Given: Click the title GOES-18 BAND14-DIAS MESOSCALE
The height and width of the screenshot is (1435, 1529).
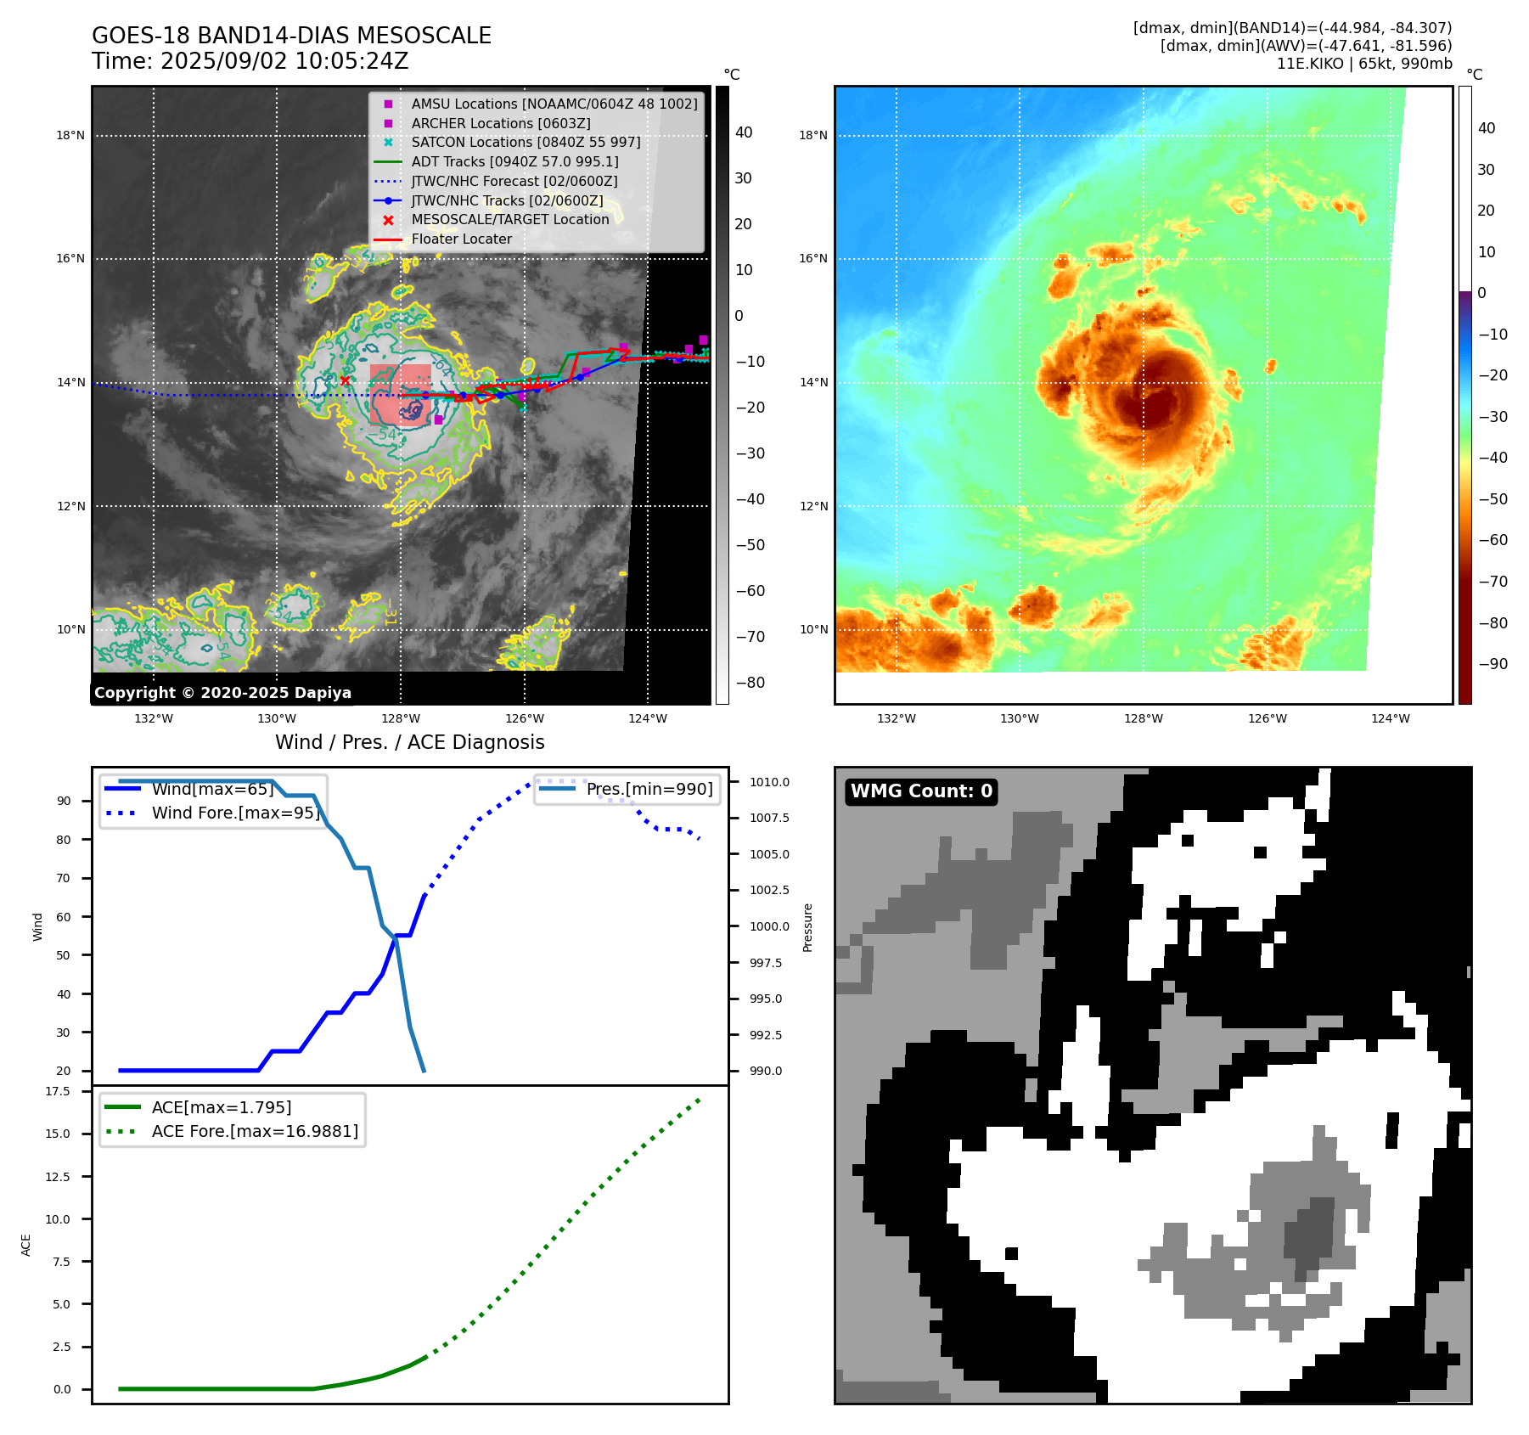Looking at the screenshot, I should (291, 36).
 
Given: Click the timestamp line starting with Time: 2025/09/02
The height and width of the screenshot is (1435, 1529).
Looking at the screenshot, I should (250, 61).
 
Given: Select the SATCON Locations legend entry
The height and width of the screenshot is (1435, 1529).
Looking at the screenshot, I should (526, 142).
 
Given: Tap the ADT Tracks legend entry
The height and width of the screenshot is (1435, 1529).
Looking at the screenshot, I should (514, 161).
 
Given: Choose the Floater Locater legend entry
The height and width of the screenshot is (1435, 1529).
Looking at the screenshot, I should (461, 239).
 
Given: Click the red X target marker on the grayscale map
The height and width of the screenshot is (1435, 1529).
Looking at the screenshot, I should (345, 380).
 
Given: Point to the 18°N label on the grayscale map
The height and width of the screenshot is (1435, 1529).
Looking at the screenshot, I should (70, 135).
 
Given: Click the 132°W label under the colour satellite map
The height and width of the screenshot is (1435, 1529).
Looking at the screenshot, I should (896, 718).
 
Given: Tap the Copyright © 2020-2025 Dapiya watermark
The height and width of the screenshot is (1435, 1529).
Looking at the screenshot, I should (222, 693).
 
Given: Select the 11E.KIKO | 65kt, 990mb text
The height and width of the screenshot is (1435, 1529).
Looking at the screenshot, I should (1363, 64).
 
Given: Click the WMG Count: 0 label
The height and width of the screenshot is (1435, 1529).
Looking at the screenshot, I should (921, 791).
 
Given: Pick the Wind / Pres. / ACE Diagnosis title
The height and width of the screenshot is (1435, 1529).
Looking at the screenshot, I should (409, 742).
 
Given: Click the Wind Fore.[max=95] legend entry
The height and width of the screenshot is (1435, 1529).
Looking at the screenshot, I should (236, 813).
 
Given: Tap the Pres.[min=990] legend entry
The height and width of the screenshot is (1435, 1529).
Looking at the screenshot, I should (649, 789).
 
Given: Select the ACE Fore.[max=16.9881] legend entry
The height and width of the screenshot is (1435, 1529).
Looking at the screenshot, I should (255, 1131).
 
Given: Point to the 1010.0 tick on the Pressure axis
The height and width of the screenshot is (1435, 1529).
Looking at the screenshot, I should (769, 782).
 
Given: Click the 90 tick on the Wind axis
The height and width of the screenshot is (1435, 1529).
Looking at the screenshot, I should (64, 801).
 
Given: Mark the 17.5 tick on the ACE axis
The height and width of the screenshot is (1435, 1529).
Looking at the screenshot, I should (58, 1091).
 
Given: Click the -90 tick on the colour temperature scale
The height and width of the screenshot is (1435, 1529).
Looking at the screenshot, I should (1492, 664).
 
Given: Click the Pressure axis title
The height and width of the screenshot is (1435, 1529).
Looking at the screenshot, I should (807, 927).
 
